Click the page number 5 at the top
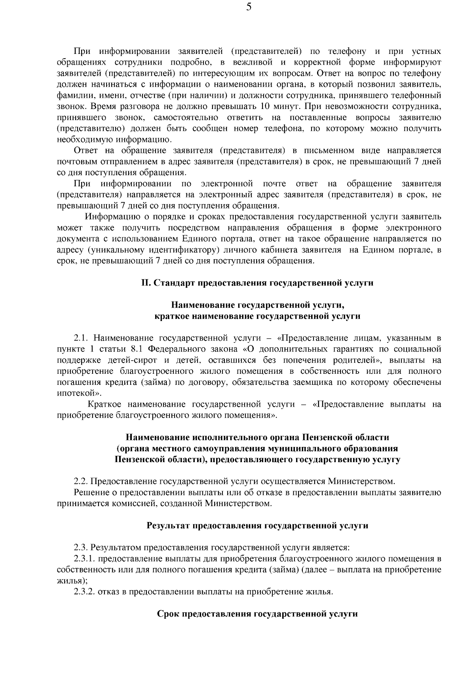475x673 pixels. click(249, 7)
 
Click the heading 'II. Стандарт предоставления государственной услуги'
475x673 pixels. click(257, 283)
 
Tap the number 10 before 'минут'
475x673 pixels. click(265, 107)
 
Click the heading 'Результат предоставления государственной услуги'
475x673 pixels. click(257, 526)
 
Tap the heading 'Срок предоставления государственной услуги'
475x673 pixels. click(257, 614)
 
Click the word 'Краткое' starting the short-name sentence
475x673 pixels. click(102, 404)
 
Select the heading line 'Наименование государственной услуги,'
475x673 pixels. click(257, 305)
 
